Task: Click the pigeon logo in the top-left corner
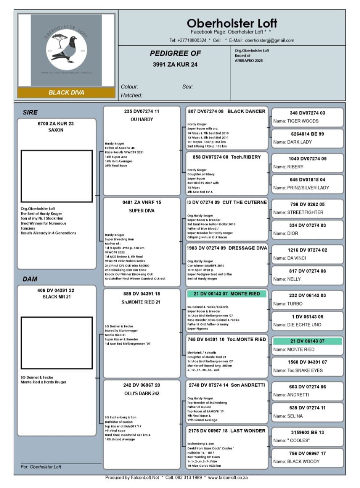(x=66, y=50)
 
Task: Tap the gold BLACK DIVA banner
(x=66, y=93)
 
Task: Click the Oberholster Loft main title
(x=232, y=23)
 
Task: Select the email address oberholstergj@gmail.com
(x=269, y=40)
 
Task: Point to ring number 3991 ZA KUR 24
(x=175, y=65)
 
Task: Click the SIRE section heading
(x=31, y=112)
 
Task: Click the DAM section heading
(x=30, y=279)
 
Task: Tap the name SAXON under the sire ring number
(x=56, y=130)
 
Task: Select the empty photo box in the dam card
(x=56, y=343)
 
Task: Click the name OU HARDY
(x=141, y=119)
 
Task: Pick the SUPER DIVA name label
(x=141, y=210)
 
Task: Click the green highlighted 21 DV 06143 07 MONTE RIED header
(x=227, y=294)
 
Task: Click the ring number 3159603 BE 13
(x=307, y=432)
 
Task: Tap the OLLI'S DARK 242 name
(x=141, y=393)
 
